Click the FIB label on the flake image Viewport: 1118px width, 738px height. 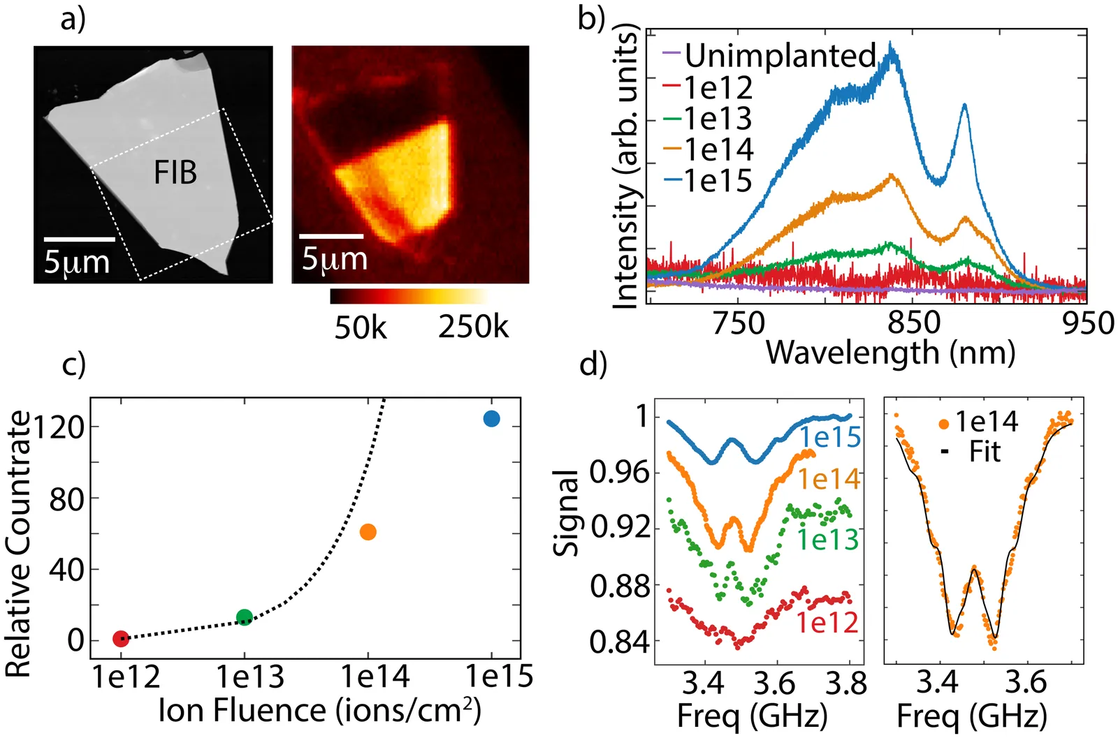pos(175,172)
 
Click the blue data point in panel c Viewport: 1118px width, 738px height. pos(491,418)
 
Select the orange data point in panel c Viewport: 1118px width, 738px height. pos(368,532)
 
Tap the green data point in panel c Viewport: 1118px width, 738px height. pos(244,617)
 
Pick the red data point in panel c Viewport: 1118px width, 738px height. pos(121,638)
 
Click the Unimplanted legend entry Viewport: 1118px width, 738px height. pos(779,55)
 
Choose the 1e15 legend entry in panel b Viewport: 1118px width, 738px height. pos(717,181)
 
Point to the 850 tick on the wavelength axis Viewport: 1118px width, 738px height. pos(914,323)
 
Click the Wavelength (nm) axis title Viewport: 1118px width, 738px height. pos(890,353)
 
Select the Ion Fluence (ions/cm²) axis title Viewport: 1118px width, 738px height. pos(319,710)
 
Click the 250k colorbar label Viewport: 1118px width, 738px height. pos(473,327)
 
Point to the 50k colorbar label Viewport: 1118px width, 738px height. pos(360,327)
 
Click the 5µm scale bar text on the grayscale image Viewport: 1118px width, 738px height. pos(77,262)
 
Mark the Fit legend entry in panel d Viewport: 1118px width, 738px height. pos(985,452)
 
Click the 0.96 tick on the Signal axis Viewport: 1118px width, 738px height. pos(619,472)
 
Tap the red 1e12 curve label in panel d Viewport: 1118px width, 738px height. pos(827,622)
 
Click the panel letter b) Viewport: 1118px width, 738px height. pos(591,19)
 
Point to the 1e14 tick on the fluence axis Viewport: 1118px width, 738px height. pos(375,677)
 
